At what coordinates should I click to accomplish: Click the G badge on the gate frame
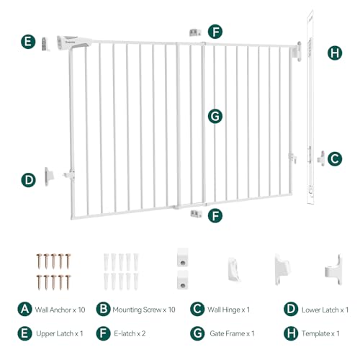pyautogui.click(x=213, y=115)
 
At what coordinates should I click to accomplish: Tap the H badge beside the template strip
pyautogui.click(x=335, y=53)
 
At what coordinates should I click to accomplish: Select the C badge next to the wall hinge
pyautogui.click(x=334, y=158)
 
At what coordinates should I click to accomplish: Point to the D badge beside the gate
pyautogui.click(x=28, y=179)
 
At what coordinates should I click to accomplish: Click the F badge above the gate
pyautogui.click(x=215, y=32)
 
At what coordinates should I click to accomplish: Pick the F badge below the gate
pyautogui.click(x=215, y=215)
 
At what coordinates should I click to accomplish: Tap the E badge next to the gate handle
pyautogui.click(x=27, y=42)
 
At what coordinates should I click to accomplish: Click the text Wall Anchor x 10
pyautogui.click(x=60, y=310)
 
